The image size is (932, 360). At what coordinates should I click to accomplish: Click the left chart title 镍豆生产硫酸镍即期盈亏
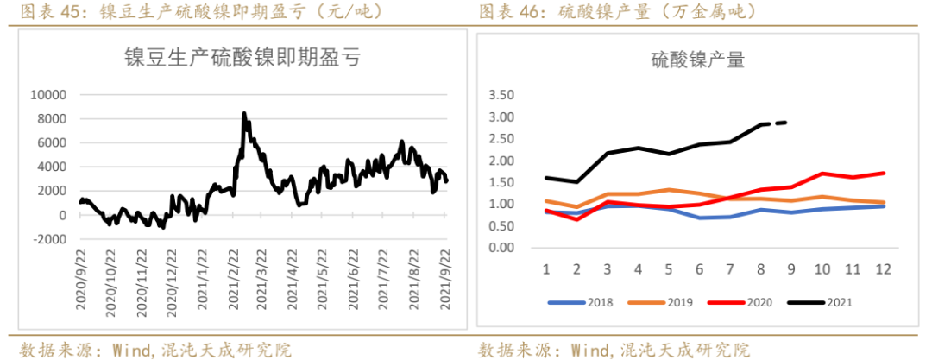point(242,59)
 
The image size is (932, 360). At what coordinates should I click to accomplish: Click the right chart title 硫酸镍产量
point(697,60)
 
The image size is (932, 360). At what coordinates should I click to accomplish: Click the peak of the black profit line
point(244,113)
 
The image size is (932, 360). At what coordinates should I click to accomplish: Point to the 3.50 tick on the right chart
point(501,94)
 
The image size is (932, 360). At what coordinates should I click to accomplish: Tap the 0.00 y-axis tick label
point(501,248)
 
